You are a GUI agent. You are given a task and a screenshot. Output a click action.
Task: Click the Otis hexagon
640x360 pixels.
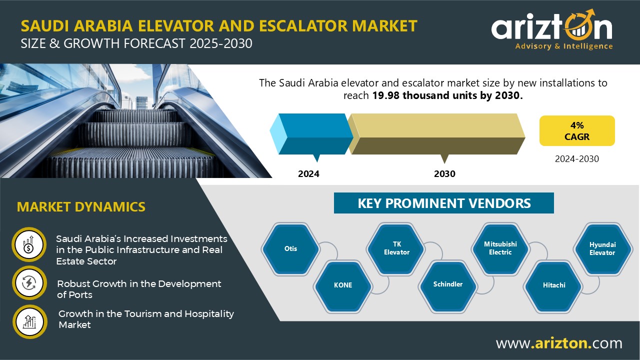290,248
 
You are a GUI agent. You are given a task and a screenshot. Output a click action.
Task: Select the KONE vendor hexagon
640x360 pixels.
343,285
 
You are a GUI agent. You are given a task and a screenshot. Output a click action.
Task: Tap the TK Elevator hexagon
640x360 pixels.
396,248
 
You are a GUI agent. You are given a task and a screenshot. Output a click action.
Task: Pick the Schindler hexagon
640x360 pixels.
448,284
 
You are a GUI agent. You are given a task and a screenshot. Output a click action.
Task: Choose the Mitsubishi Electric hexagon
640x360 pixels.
500,248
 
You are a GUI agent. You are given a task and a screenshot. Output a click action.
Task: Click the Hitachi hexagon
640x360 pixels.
553,285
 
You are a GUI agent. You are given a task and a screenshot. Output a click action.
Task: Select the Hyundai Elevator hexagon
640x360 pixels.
602,248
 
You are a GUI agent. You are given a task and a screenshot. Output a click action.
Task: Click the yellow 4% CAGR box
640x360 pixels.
576,131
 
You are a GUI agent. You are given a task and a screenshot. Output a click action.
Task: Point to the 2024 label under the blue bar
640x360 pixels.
308,174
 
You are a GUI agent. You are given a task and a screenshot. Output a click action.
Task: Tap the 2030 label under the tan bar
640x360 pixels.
444,174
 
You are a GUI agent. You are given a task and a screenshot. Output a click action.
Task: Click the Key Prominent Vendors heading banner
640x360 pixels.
444,203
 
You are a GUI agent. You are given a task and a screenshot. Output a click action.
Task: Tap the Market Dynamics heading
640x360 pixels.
81,206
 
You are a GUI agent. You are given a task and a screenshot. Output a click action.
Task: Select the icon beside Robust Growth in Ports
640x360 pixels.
28,283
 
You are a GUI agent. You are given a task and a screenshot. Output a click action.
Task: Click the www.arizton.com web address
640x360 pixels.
559,343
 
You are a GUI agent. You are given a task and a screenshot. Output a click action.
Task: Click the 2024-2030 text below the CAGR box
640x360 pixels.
576,159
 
